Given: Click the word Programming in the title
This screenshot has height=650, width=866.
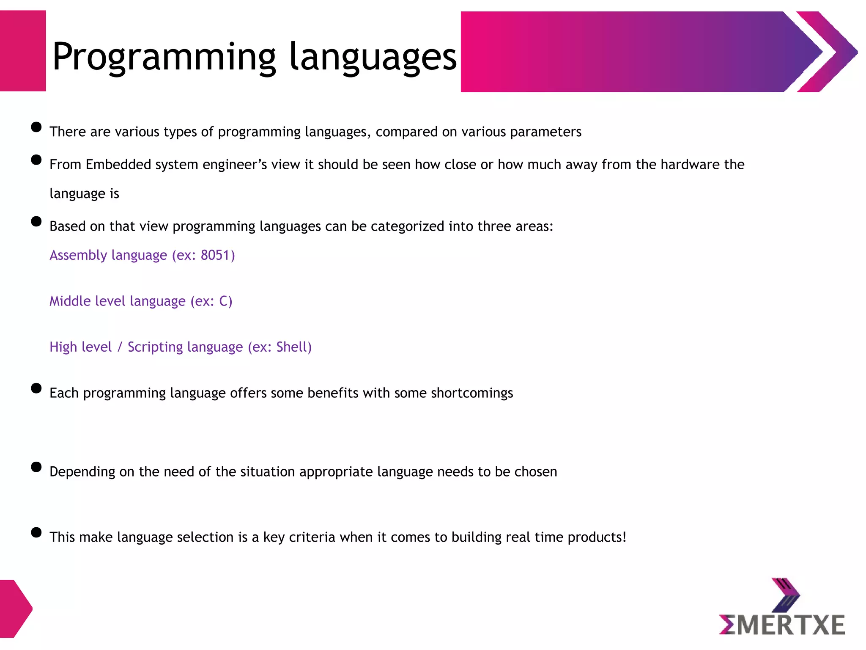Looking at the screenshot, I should [164, 57].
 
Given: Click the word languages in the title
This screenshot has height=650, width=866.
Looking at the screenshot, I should [373, 57].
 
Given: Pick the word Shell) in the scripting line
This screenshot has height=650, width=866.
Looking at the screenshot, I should [294, 347].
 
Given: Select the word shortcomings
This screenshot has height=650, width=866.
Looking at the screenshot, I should [472, 393].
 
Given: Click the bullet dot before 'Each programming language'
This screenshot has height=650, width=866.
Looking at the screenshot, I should [36, 388].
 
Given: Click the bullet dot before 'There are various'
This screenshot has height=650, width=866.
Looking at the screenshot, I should [36, 127].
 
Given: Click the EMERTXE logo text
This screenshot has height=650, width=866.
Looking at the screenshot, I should [782, 625].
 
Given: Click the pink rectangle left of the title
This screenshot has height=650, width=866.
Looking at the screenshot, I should [22, 51].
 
